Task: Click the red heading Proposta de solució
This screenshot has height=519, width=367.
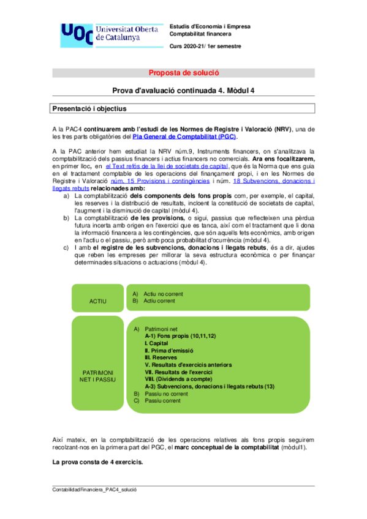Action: click(x=183, y=72)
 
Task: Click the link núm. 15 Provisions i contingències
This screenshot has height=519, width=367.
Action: click(x=160, y=182)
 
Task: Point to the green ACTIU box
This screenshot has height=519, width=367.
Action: click(x=97, y=301)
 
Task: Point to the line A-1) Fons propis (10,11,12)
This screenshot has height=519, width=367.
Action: click(x=180, y=336)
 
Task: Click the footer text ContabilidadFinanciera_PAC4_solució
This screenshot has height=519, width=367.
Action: click(x=95, y=490)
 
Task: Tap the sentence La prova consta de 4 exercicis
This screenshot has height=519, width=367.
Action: click(x=98, y=461)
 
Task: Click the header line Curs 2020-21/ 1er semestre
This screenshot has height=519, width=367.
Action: click(x=205, y=47)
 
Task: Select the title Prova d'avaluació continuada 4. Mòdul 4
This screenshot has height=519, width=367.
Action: click(x=183, y=91)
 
